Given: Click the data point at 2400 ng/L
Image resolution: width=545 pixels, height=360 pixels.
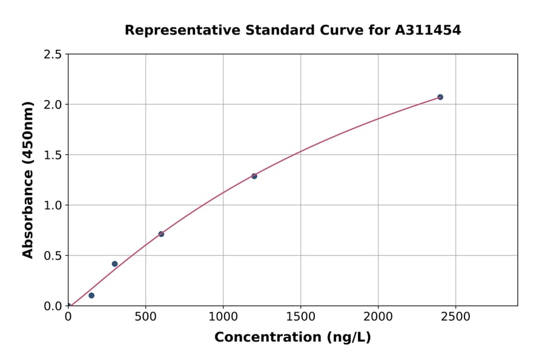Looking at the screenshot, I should (440, 97).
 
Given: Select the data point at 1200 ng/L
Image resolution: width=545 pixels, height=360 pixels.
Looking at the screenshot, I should (254, 176).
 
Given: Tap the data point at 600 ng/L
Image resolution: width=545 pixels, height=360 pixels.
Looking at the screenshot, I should (161, 234).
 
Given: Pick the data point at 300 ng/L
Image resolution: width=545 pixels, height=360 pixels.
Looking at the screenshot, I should (114, 264).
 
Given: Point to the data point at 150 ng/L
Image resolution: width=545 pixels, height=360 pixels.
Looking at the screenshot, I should (91, 295).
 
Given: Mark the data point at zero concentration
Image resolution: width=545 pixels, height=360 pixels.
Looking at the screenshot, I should (68, 305).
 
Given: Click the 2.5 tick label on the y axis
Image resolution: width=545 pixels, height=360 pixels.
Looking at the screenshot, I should (53, 55).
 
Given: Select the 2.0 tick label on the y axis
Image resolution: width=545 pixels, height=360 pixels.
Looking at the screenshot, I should (53, 105).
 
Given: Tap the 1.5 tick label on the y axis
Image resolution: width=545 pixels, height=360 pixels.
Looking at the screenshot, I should (53, 155).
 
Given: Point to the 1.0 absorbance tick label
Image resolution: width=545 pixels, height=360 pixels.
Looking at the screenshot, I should (53, 205).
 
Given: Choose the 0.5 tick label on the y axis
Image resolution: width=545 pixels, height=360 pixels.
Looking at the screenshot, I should (53, 256).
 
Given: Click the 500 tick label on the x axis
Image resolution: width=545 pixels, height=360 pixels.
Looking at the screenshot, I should (145, 317).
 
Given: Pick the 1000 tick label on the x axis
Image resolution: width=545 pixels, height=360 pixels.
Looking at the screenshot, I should (223, 317).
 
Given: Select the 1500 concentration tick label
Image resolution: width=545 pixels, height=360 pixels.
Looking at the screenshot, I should (300, 317).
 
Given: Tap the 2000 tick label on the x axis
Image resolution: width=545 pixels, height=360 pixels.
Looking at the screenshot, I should (378, 317).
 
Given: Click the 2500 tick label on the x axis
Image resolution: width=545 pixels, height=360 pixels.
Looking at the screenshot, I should (455, 317).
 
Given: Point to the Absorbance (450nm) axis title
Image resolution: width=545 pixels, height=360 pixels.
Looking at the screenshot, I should (28, 179).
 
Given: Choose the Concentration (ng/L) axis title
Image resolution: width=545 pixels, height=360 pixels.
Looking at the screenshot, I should (292, 337).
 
